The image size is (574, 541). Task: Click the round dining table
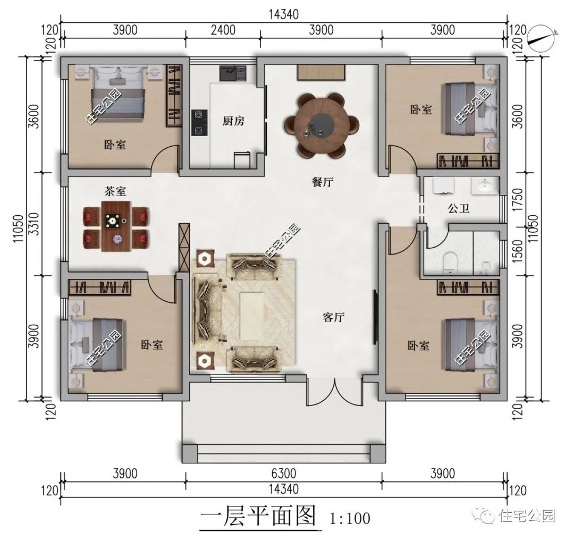321,125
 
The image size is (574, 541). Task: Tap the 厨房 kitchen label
233,121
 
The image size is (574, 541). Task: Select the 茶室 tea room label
115,191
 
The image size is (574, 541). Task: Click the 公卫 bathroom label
458,209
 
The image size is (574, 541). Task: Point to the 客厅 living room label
333,317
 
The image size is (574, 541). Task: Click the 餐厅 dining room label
323,182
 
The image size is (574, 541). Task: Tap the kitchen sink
233,73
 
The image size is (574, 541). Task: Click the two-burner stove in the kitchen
199,123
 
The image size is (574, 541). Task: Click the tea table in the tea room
116,226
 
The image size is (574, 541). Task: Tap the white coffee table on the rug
251,316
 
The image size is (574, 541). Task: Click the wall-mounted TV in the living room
375,317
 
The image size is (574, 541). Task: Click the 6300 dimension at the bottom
284,474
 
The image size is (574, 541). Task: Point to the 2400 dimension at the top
223,30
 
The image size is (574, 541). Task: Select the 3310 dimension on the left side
34,224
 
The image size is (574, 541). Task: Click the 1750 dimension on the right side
517,199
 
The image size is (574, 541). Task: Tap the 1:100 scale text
350,518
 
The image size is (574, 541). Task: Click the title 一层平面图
258,517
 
